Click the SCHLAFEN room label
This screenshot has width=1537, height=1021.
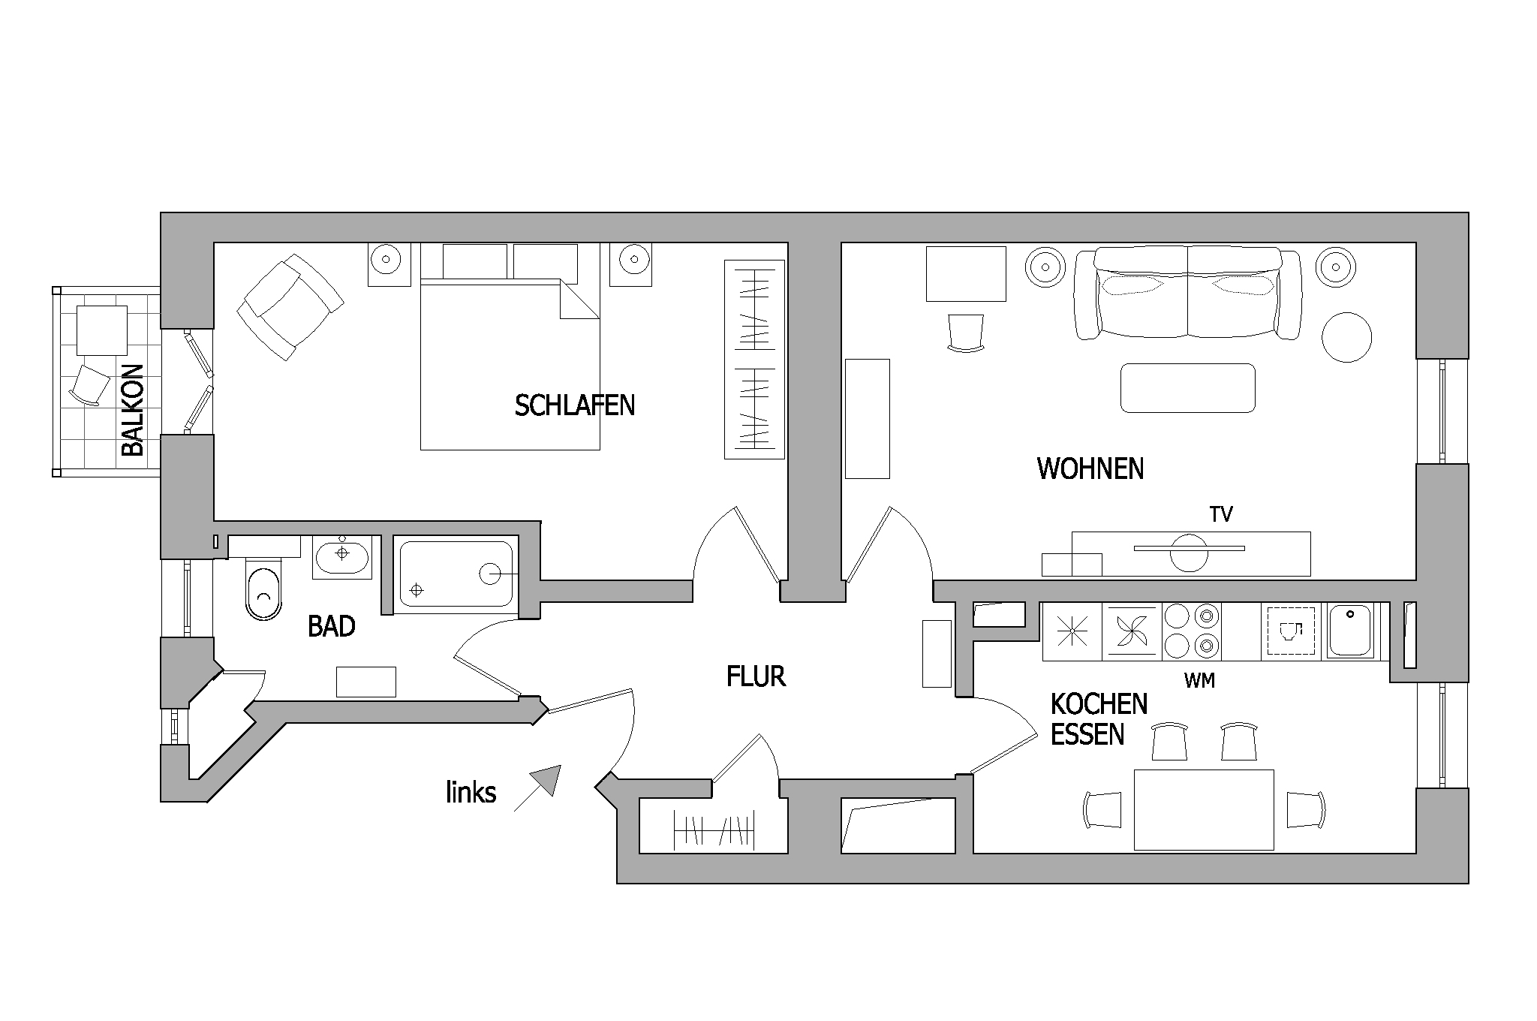click(x=575, y=405)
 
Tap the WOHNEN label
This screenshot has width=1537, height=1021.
click(x=1090, y=468)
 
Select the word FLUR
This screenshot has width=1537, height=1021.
click(x=756, y=676)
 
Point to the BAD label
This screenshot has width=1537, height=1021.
click(x=332, y=626)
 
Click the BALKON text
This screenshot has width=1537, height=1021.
click(x=132, y=410)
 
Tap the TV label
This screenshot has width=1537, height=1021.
click(x=1221, y=514)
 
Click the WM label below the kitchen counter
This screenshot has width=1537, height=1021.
click(x=1199, y=681)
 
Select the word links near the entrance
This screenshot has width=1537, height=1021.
click(x=471, y=792)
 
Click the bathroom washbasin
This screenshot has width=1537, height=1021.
click(x=342, y=556)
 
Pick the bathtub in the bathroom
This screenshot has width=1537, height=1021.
click(x=456, y=574)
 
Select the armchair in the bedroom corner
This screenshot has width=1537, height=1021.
click(x=290, y=306)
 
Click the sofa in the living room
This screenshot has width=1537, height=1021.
click(x=1188, y=293)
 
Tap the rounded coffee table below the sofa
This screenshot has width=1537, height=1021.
click(x=1187, y=388)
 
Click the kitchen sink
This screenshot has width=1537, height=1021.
click(x=1350, y=631)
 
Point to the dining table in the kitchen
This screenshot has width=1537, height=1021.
click(x=1204, y=809)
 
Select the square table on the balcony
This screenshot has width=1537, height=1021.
click(x=101, y=330)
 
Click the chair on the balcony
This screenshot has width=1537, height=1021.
click(x=89, y=386)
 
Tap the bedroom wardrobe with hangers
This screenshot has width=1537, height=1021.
click(x=754, y=359)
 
